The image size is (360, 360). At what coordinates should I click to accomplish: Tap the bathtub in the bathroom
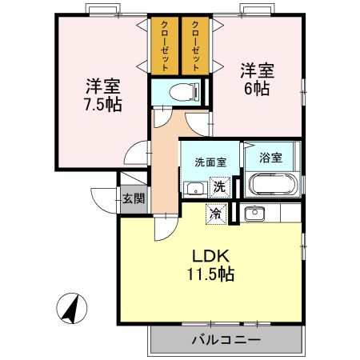(x=273, y=186)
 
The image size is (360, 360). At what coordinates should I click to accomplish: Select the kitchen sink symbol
(x=254, y=213)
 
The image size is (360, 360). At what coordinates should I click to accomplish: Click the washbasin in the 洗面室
(x=193, y=189)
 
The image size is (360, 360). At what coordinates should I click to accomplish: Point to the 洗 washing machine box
(x=218, y=188)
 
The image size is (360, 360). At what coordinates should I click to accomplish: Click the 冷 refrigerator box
(x=214, y=213)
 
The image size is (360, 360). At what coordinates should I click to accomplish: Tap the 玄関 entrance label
(x=133, y=198)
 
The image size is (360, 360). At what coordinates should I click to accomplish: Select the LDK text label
(x=211, y=256)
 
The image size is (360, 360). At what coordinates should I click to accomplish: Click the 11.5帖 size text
(x=211, y=274)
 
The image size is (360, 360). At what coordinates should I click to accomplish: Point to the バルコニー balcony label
(x=226, y=340)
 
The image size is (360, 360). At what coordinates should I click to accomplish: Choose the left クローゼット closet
(x=165, y=44)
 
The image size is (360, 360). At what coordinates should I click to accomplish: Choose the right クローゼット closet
(x=195, y=44)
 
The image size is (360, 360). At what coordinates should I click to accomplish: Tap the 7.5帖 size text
(x=102, y=105)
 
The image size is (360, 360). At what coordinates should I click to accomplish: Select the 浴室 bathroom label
(x=271, y=157)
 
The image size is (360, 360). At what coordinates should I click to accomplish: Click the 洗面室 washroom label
(x=210, y=161)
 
